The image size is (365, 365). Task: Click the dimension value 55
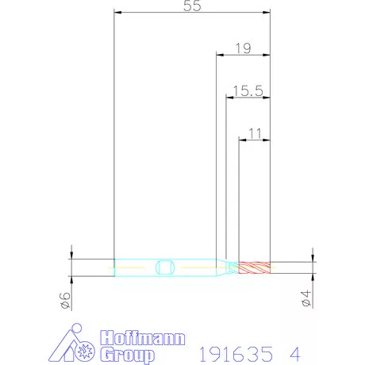[x=192, y=6]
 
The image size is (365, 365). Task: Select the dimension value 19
[x=244, y=48]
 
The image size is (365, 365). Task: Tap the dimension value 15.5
[x=248, y=90]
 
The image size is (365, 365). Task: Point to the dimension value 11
[x=255, y=133]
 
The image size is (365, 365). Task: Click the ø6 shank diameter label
[x=65, y=300]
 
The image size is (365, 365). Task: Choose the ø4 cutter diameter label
[x=306, y=298]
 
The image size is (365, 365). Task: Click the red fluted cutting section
[x=255, y=267]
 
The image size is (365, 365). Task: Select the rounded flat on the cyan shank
[x=164, y=267]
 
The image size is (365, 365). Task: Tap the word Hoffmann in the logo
[x=143, y=338]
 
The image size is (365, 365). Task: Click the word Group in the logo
[x=128, y=355]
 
